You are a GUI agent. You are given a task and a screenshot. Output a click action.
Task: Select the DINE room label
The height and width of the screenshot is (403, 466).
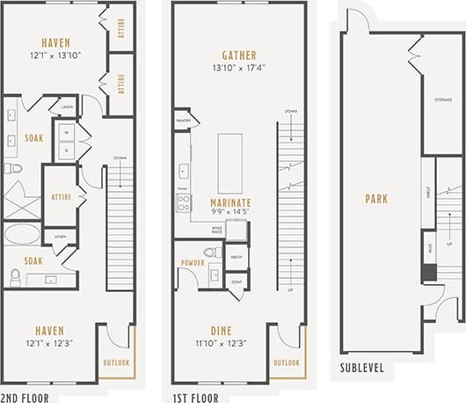220,330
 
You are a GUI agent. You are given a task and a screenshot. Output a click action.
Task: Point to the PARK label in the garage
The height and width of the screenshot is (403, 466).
376,199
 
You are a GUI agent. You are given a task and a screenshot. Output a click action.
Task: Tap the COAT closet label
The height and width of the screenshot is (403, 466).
236,282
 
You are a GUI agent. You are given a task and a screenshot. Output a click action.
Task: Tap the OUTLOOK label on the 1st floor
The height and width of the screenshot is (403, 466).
285,362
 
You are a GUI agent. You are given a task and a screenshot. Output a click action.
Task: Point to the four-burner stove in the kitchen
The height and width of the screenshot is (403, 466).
184,203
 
